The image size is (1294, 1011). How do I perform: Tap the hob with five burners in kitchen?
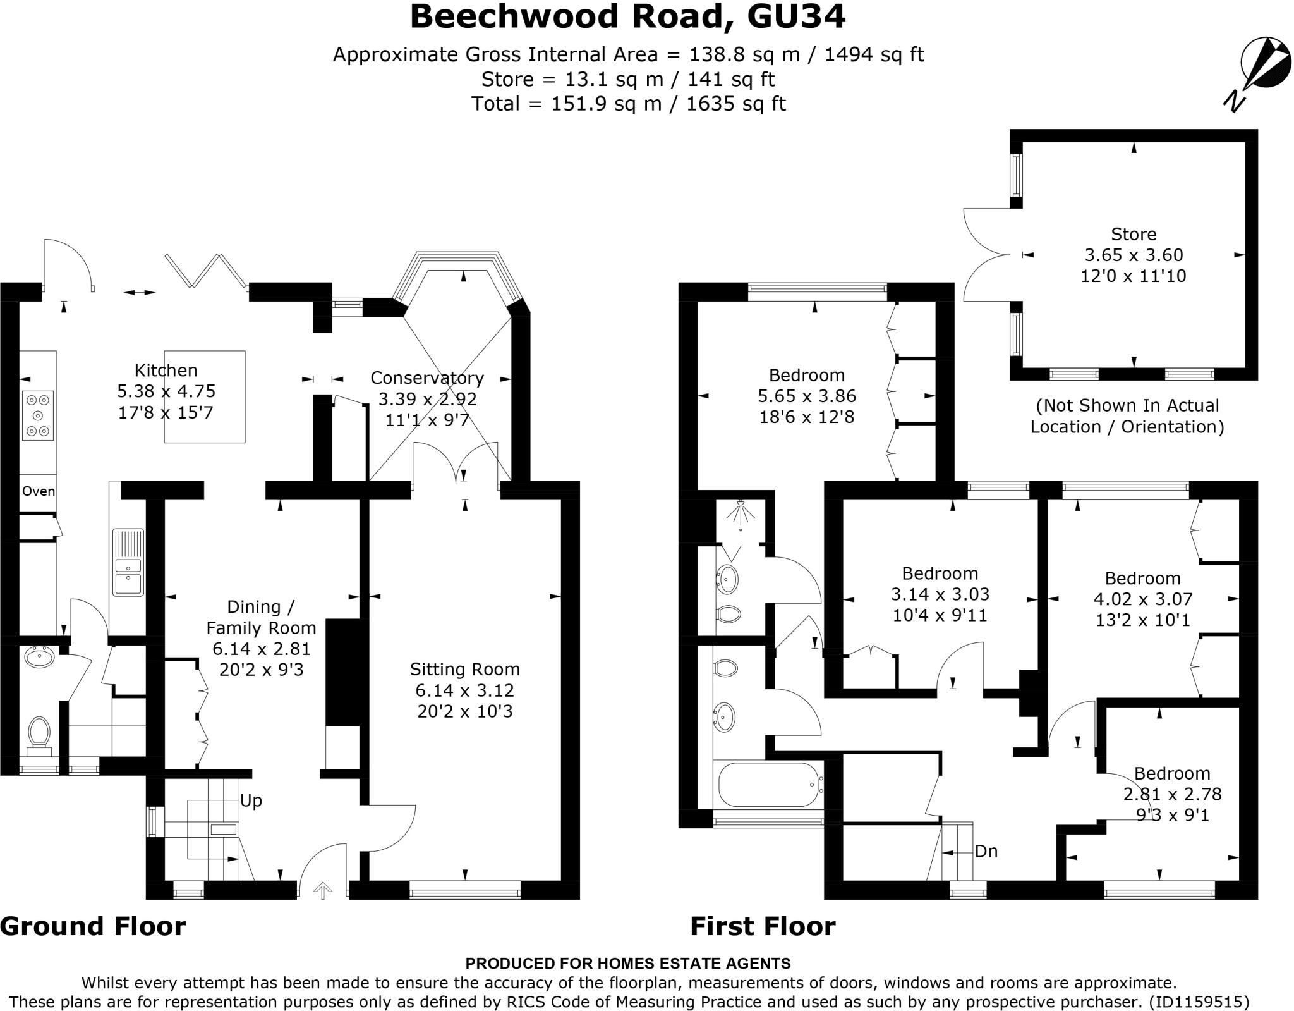click(x=38, y=415)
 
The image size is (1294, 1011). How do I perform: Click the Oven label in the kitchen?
click(x=39, y=491)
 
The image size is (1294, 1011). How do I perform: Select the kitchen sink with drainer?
click(x=128, y=563)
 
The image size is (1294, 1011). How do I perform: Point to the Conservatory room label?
click(x=427, y=378)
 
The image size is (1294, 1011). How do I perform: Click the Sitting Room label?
click(x=464, y=669)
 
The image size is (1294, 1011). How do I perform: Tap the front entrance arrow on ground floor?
click(x=323, y=890)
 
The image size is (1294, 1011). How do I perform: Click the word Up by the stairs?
click(x=251, y=801)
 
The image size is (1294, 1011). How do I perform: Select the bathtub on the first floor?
click(x=768, y=785)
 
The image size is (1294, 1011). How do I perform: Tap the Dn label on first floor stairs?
click(x=986, y=851)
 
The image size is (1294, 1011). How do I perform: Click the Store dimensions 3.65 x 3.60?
click(x=1134, y=255)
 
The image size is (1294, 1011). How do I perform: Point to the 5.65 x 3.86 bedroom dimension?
click(x=806, y=396)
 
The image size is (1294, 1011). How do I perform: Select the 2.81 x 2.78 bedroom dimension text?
click(x=1172, y=794)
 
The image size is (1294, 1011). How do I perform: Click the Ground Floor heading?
click(x=93, y=926)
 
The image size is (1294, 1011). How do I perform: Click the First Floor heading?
click(x=763, y=926)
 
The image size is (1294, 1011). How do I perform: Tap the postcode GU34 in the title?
click(x=796, y=17)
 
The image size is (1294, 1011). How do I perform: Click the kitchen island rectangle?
click(x=205, y=396)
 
